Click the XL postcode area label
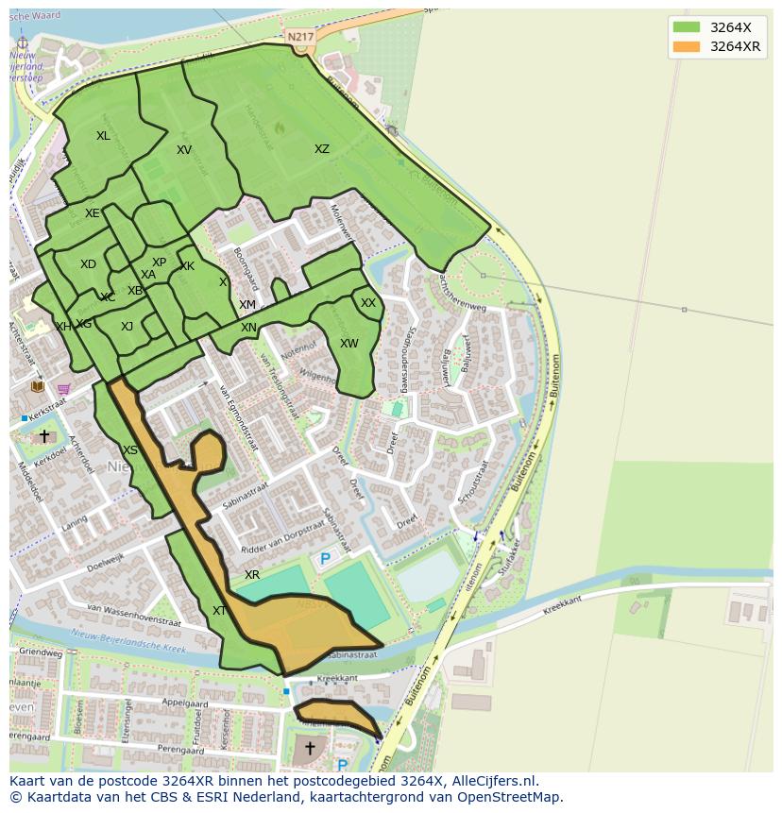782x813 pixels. click(x=103, y=136)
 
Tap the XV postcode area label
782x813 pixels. click(x=184, y=150)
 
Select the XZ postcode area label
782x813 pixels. click(x=322, y=149)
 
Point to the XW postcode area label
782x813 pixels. click(x=349, y=344)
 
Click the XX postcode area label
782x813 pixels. click(x=368, y=303)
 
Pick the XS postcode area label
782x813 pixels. click(x=130, y=450)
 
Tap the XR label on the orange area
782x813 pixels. click(x=252, y=575)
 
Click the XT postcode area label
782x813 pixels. click(x=219, y=611)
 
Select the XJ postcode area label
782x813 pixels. click(x=127, y=327)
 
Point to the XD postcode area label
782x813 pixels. click(x=88, y=264)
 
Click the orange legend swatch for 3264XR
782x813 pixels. click(x=687, y=46)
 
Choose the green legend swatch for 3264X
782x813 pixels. click(x=687, y=26)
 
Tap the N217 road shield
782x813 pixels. click(x=300, y=37)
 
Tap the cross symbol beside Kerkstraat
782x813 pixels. click(x=43, y=436)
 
